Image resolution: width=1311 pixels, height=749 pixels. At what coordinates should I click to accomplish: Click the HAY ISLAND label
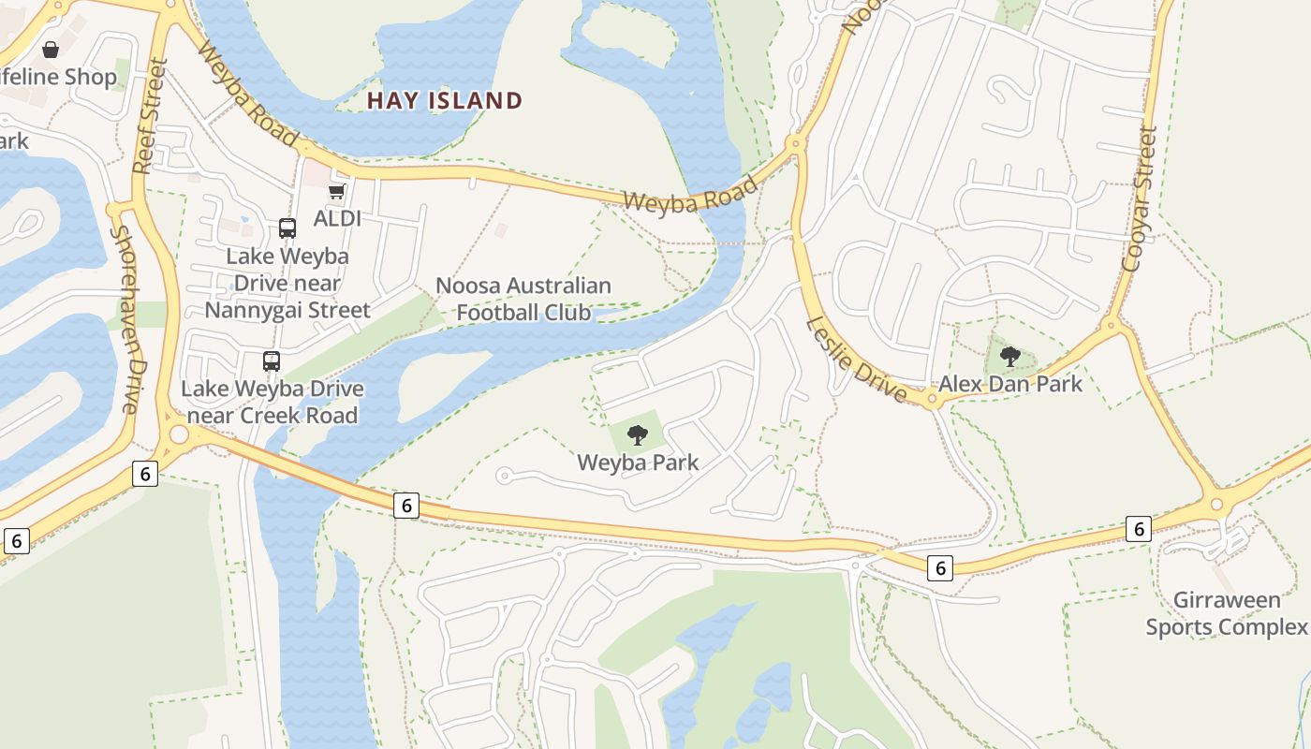click(444, 100)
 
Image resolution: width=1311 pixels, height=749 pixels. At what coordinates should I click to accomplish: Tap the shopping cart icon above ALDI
click(337, 192)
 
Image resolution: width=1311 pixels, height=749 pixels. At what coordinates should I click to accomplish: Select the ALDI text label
click(337, 218)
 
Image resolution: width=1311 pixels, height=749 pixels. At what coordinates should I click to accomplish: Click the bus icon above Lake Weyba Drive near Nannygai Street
click(287, 228)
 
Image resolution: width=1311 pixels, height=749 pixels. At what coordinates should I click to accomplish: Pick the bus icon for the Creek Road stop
click(271, 361)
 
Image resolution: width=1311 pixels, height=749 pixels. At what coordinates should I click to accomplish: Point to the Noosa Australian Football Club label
click(523, 299)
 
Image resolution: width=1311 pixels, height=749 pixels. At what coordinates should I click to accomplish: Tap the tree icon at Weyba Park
click(638, 434)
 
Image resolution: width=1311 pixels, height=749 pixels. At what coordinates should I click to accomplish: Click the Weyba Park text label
click(638, 463)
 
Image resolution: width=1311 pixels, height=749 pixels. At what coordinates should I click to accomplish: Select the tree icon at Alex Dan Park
click(1009, 356)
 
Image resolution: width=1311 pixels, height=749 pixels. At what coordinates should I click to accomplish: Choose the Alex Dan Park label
click(1010, 384)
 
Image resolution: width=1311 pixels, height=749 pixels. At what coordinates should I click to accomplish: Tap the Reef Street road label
click(149, 116)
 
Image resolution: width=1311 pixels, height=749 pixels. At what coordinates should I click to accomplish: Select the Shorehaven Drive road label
click(125, 318)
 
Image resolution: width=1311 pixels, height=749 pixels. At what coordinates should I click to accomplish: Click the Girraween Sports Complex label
click(1226, 613)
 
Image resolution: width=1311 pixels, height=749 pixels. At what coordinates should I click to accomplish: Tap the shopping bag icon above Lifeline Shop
click(51, 49)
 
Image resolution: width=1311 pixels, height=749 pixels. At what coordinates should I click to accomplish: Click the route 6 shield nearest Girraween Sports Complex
click(1138, 529)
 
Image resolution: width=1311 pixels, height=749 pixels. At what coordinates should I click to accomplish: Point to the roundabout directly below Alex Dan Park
click(932, 401)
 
